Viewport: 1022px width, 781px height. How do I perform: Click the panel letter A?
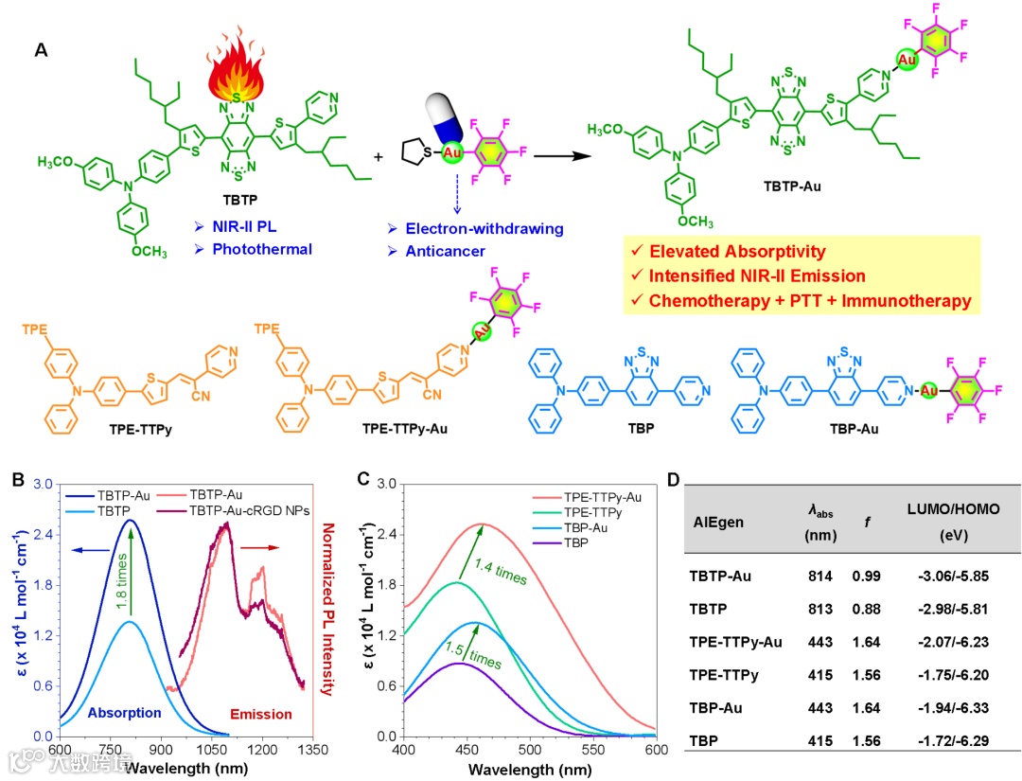42,49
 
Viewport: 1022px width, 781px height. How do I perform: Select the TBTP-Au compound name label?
794,187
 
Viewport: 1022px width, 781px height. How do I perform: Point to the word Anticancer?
439,252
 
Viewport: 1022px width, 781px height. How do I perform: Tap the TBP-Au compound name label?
854,429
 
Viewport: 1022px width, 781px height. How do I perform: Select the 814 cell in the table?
819,575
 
